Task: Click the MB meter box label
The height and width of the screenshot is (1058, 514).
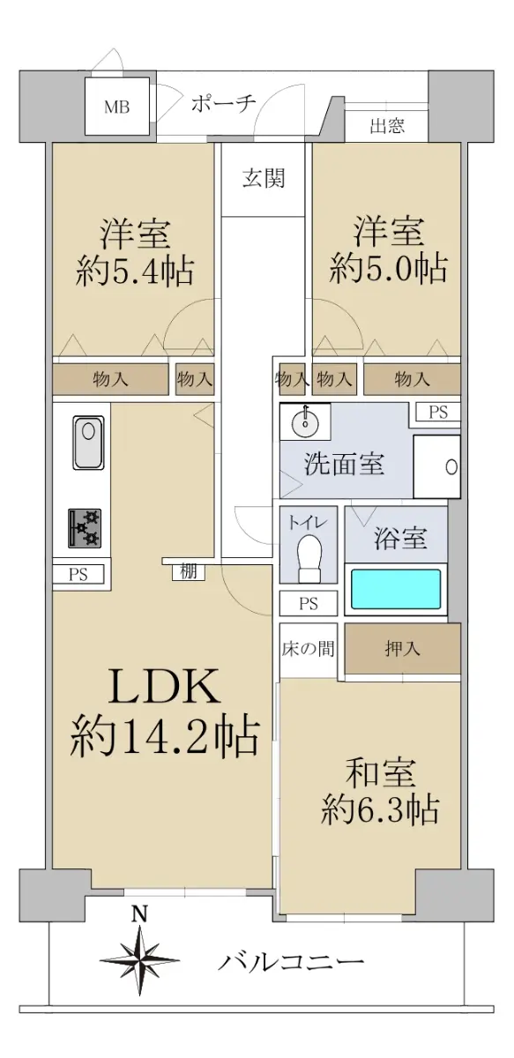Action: (x=116, y=108)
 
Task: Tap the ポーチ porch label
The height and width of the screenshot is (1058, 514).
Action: (x=223, y=103)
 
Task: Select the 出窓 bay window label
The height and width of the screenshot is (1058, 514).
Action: (x=387, y=126)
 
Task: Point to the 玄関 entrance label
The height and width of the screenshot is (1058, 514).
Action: (x=264, y=178)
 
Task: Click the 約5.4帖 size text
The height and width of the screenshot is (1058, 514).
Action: (x=134, y=272)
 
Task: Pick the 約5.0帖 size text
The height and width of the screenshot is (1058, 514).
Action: (x=388, y=268)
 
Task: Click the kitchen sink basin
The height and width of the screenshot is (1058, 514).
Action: (x=88, y=443)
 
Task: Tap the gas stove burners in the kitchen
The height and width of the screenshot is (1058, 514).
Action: (x=85, y=528)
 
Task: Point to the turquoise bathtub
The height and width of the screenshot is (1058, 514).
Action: (x=396, y=589)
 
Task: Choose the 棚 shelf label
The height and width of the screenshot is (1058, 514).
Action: (x=189, y=571)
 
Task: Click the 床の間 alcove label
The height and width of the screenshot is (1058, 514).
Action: (x=308, y=649)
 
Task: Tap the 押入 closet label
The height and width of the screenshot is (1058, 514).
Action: (x=402, y=649)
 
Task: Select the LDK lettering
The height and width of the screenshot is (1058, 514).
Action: (x=164, y=687)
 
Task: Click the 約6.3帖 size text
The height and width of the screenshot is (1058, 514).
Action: (x=381, y=809)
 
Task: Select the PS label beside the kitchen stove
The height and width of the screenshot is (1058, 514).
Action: (x=78, y=574)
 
